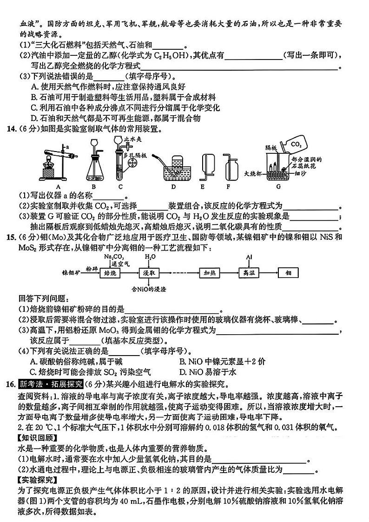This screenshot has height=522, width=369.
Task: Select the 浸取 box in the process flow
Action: tap(149, 273)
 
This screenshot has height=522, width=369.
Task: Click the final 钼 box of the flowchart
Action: tap(288, 273)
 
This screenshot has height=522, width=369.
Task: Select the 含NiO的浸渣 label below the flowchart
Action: tap(147, 287)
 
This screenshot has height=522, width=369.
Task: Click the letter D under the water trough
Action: tap(173, 187)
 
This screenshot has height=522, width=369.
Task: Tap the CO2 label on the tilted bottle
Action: tap(296, 145)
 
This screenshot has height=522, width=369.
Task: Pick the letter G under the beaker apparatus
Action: tap(279, 187)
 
